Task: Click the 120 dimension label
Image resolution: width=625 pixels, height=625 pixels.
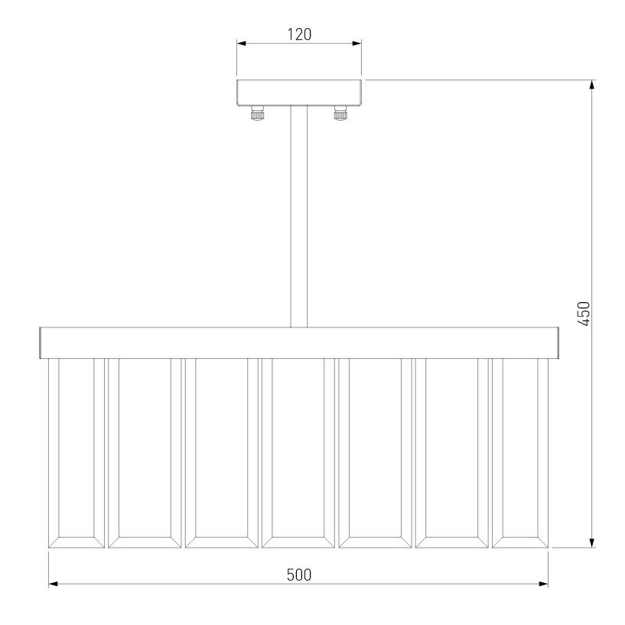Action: (299, 34)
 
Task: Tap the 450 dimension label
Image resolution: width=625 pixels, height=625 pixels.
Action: (584, 314)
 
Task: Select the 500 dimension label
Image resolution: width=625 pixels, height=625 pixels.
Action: (299, 575)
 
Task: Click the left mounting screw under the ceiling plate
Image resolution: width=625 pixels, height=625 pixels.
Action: (258, 112)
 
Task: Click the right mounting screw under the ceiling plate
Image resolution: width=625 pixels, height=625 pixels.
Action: (340, 112)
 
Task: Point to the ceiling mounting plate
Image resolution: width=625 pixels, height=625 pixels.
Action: (299, 93)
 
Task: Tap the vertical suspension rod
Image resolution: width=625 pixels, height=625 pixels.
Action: (299, 216)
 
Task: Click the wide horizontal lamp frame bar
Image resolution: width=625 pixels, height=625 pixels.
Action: (299, 343)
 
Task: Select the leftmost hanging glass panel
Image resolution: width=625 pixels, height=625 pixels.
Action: (76, 453)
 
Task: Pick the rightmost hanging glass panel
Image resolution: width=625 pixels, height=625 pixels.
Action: (520, 453)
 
